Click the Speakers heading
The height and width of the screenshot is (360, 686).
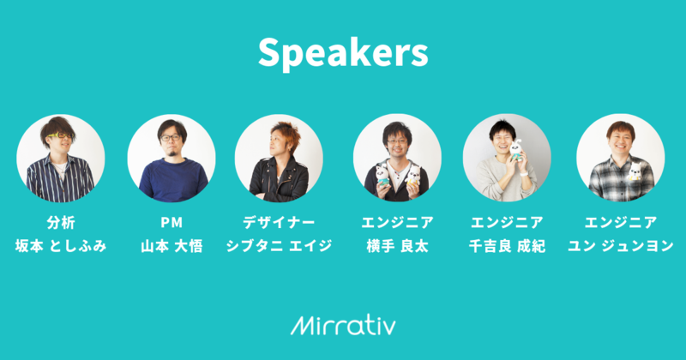coord(343,53)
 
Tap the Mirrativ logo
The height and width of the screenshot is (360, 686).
coord(343,325)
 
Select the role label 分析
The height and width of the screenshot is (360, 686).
coord(61,223)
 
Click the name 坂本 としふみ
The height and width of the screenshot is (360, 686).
coord(61,246)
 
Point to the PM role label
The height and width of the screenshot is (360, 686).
coord(171,223)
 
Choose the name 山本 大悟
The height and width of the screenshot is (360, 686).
coord(171,246)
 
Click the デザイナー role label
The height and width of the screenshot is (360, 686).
coord(279,223)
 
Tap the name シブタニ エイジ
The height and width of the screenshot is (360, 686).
coord(279,246)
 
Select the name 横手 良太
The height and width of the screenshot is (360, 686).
coord(397,246)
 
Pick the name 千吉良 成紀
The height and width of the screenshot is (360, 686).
coord(507,246)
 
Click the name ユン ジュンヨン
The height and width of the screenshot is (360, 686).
coord(620,246)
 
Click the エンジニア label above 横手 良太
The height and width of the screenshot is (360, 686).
coord(397,223)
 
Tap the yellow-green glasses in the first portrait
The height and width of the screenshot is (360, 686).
coord(59,135)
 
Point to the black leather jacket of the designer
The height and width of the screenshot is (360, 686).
coord(279,180)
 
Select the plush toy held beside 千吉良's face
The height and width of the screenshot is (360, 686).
coord(517,150)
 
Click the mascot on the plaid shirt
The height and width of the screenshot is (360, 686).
coord(635,171)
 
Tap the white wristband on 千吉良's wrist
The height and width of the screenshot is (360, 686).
coord(524,173)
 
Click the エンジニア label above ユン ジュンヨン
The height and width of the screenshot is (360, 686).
coord(620,223)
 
